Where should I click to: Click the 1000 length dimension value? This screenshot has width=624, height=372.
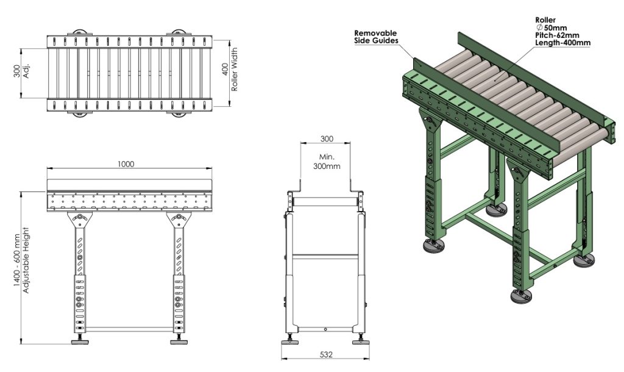(126, 163)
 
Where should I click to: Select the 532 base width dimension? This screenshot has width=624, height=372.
(326, 354)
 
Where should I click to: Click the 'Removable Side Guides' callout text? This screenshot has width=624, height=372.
(376, 37)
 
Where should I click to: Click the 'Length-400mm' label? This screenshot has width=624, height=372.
(556, 43)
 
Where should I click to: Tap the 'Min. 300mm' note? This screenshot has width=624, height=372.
(326, 162)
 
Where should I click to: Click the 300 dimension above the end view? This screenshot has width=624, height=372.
(326, 138)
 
